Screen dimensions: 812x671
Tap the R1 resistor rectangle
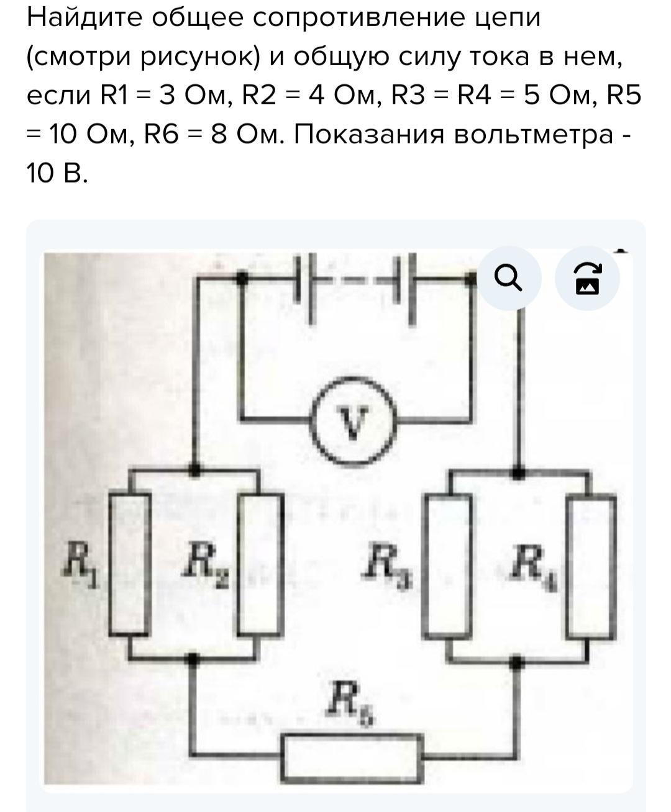(x=130, y=564)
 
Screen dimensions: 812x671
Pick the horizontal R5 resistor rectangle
(x=352, y=757)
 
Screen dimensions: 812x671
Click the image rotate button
(x=587, y=278)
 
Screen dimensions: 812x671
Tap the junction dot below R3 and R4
(x=516, y=662)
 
